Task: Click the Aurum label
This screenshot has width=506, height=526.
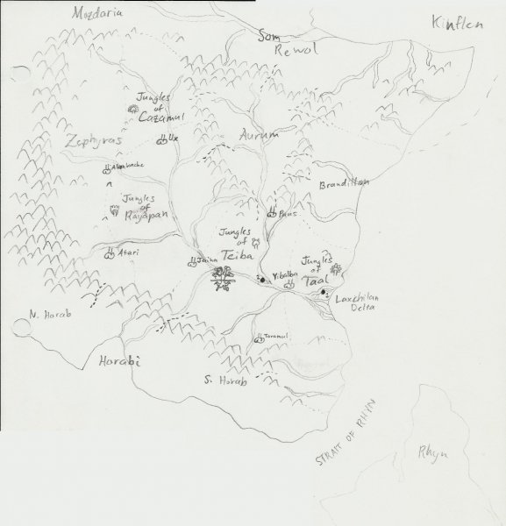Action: point(257,134)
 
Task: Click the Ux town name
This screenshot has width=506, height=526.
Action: point(174,139)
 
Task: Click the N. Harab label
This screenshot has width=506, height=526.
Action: point(50,314)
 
